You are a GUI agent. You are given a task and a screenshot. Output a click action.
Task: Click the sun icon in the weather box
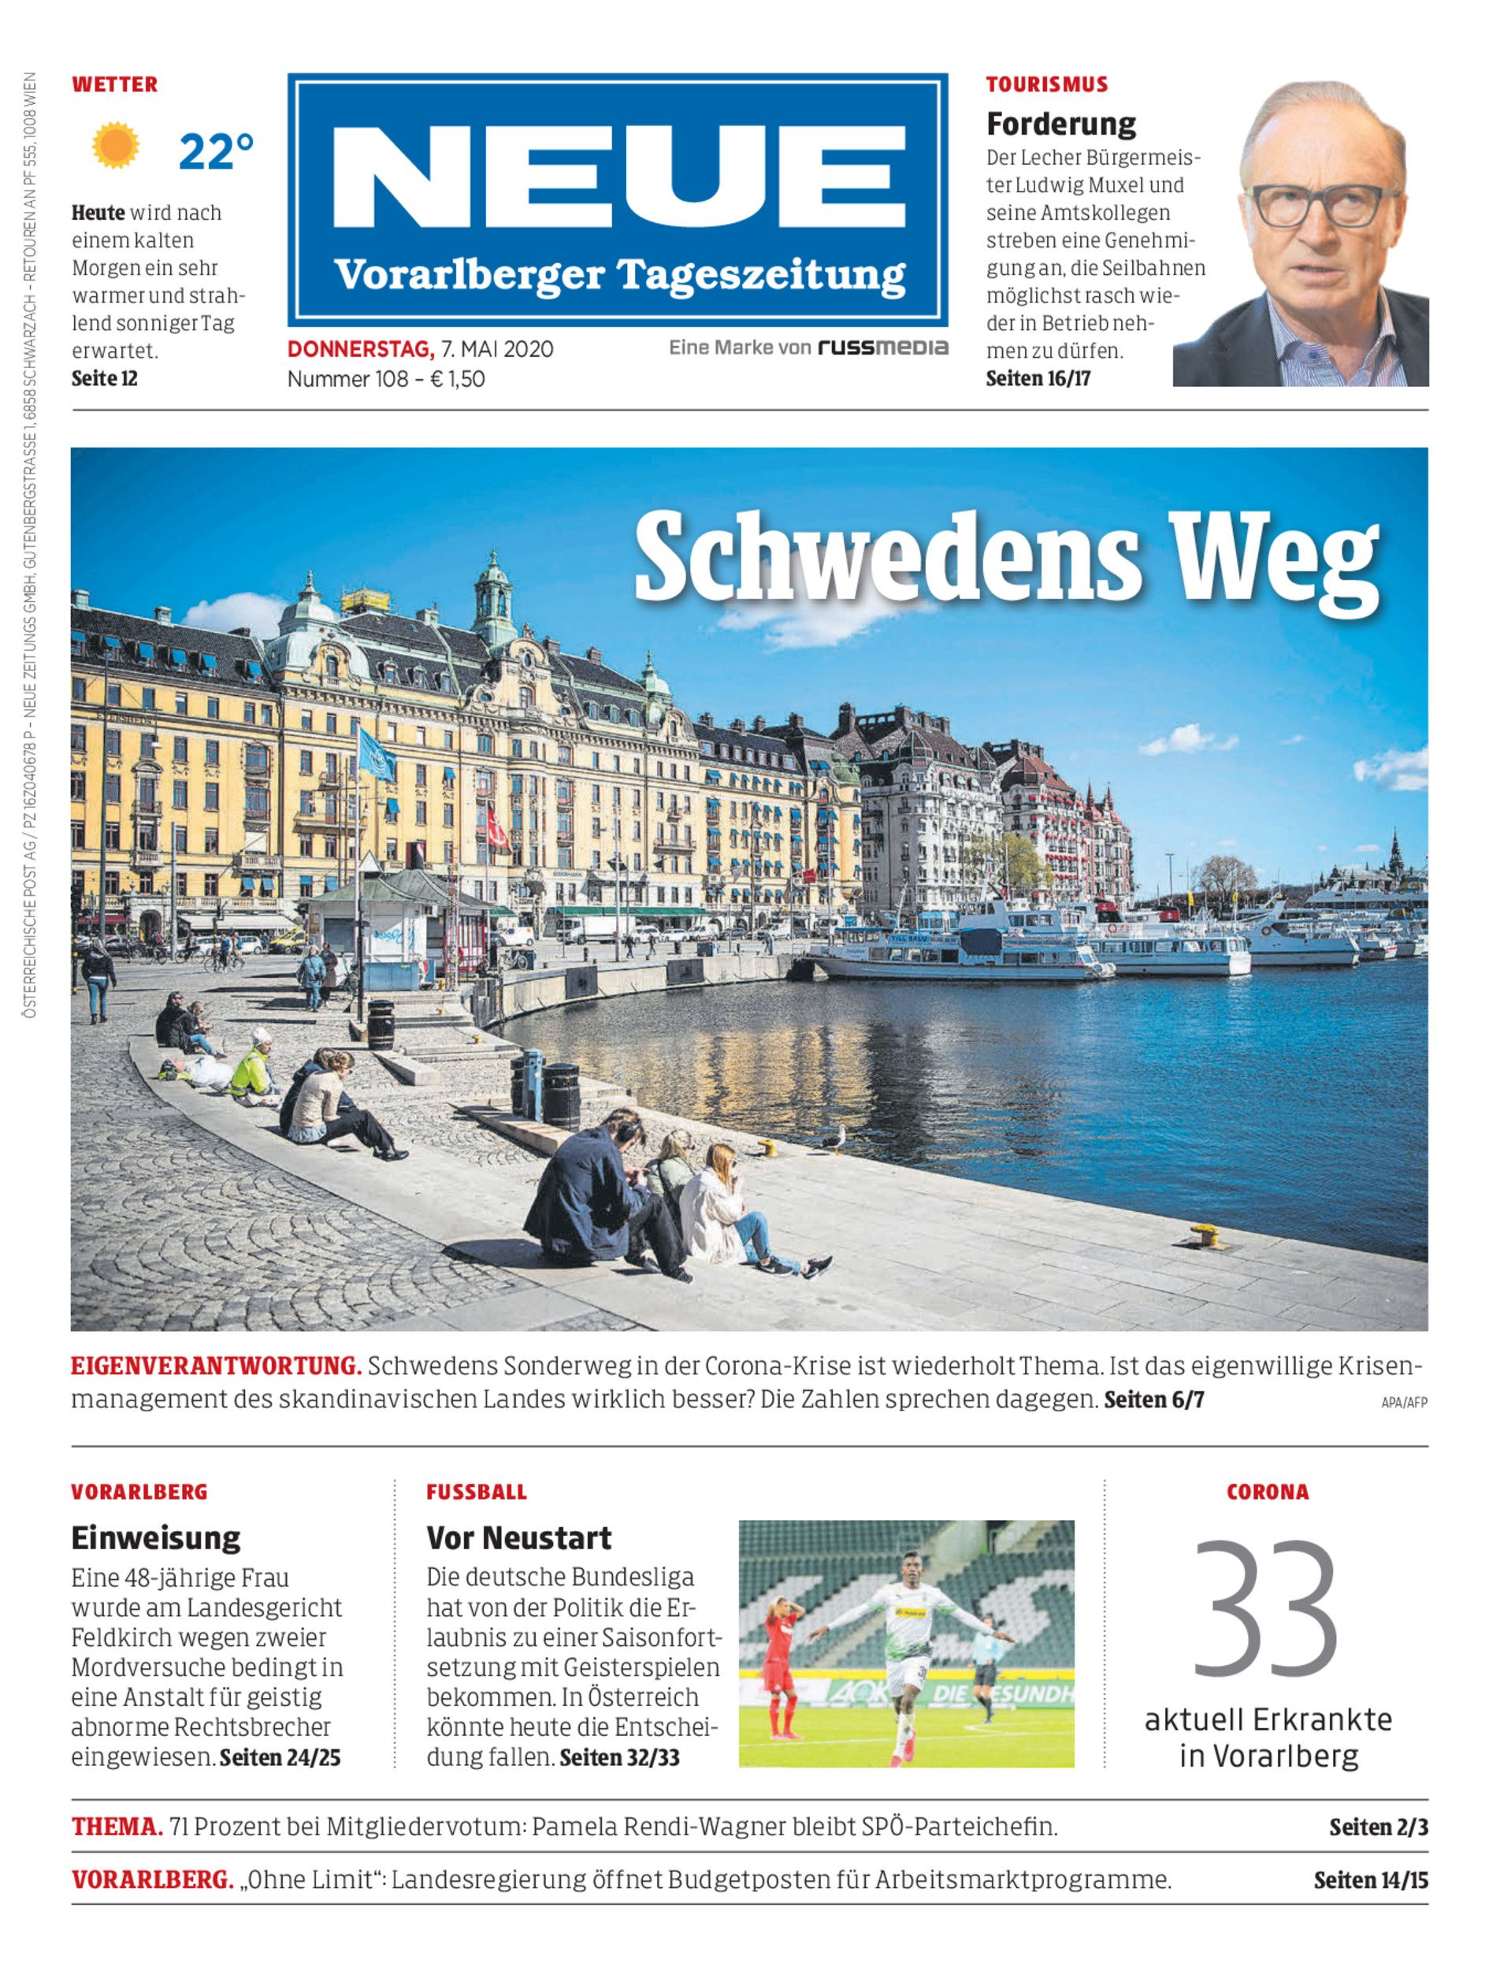[x=115, y=146]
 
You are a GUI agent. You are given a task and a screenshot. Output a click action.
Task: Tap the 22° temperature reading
[x=216, y=152]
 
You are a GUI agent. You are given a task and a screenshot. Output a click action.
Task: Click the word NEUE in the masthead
[x=618, y=177]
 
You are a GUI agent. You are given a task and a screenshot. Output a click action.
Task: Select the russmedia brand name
[x=883, y=348]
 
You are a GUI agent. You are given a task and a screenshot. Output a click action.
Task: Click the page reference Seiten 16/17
[x=1038, y=379]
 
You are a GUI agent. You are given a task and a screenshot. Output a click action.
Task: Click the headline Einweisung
[x=155, y=1537]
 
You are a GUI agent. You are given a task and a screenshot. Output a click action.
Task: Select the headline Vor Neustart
[x=518, y=1537]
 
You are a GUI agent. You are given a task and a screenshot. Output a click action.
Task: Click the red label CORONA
[x=1267, y=1492]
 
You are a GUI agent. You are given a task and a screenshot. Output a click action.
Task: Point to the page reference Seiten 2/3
[x=1378, y=1827]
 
